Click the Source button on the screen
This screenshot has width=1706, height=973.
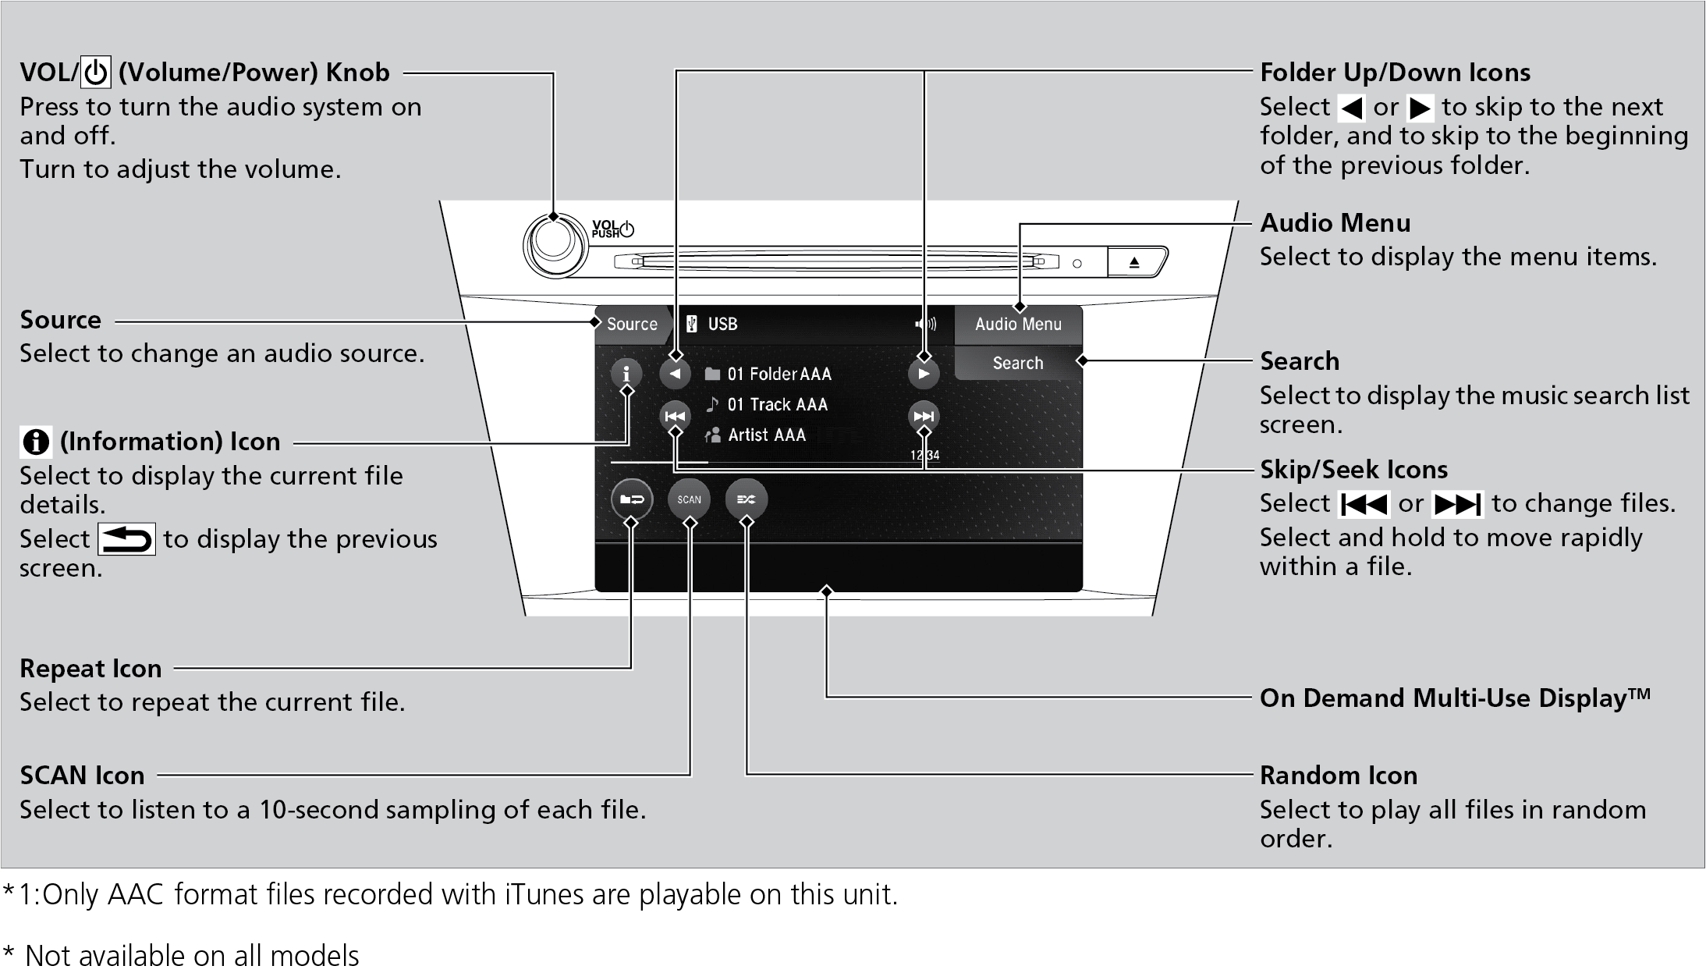click(x=631, y=324)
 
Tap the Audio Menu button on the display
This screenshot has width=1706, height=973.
click(x=1018, y=324)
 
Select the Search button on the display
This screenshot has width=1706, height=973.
click(x=1017, y=363)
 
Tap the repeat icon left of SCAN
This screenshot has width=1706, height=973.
click(x=631, y=499)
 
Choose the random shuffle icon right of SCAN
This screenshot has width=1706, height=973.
click(x=746, y=499)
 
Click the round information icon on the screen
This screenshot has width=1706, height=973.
click(x=626, y=374)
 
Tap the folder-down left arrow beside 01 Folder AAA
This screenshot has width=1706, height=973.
click(x=675, y=374)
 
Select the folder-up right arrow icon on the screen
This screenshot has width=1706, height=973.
click(x=924, y=374)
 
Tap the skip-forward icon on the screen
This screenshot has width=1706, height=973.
click(x=924, y=417)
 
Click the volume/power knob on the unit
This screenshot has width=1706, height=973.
click(x=554, y=244)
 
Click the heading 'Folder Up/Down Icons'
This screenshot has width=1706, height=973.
click(x=1395, y=73)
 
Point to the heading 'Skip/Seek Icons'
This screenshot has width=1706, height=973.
click(x=1353, y=470)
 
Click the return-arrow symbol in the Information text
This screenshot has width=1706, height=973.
click(x=126, y=539)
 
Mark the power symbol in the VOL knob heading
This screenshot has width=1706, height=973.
click(x=96, y=73)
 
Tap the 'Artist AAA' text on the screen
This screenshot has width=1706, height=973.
click(x=766, y=435)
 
